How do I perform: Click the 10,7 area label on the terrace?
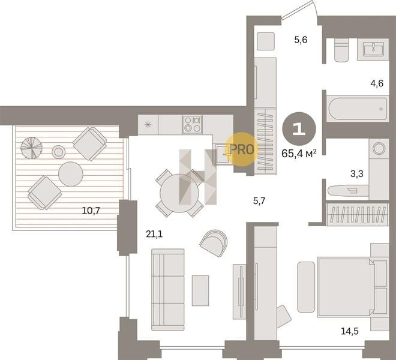(91, 210)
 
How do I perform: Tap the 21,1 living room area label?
(154, 234)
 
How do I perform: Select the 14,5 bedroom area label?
(350, 331)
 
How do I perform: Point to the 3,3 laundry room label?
(357, 174)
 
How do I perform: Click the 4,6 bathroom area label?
(377, 83)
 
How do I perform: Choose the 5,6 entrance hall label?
(301, 40)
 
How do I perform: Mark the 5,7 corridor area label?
(259, 201)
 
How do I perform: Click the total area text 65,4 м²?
(299, 154)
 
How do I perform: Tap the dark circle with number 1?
(299, 129)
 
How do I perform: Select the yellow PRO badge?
(242, 149)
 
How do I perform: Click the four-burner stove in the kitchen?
(193, 124)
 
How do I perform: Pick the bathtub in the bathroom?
(358, 109)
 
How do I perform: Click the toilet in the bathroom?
(342, 50)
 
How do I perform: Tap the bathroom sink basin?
(373, 49)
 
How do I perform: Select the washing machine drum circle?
(379, 148)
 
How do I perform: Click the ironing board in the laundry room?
(348, 190)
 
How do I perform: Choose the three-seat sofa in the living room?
(168, 290)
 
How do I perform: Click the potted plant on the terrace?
(31, 148)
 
